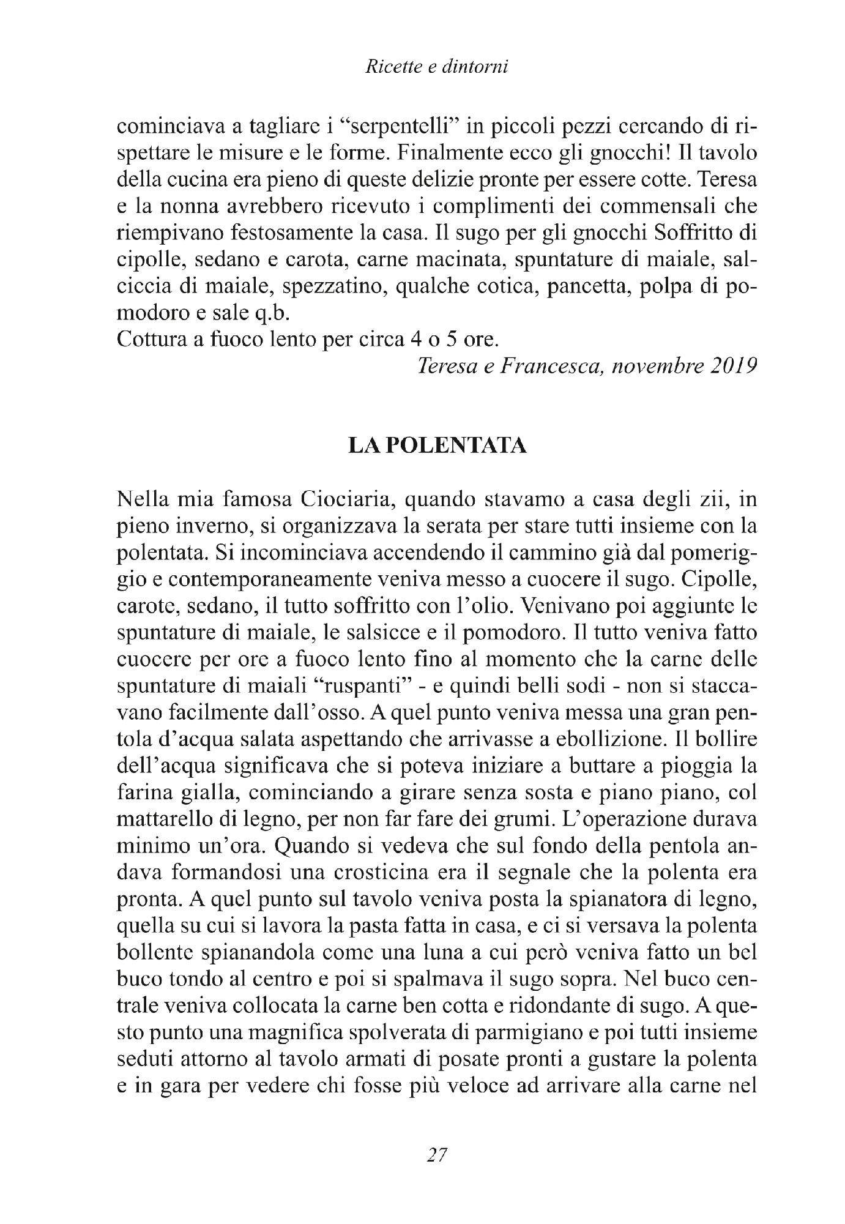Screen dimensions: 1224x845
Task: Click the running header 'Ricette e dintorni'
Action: [x=437, y=68]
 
